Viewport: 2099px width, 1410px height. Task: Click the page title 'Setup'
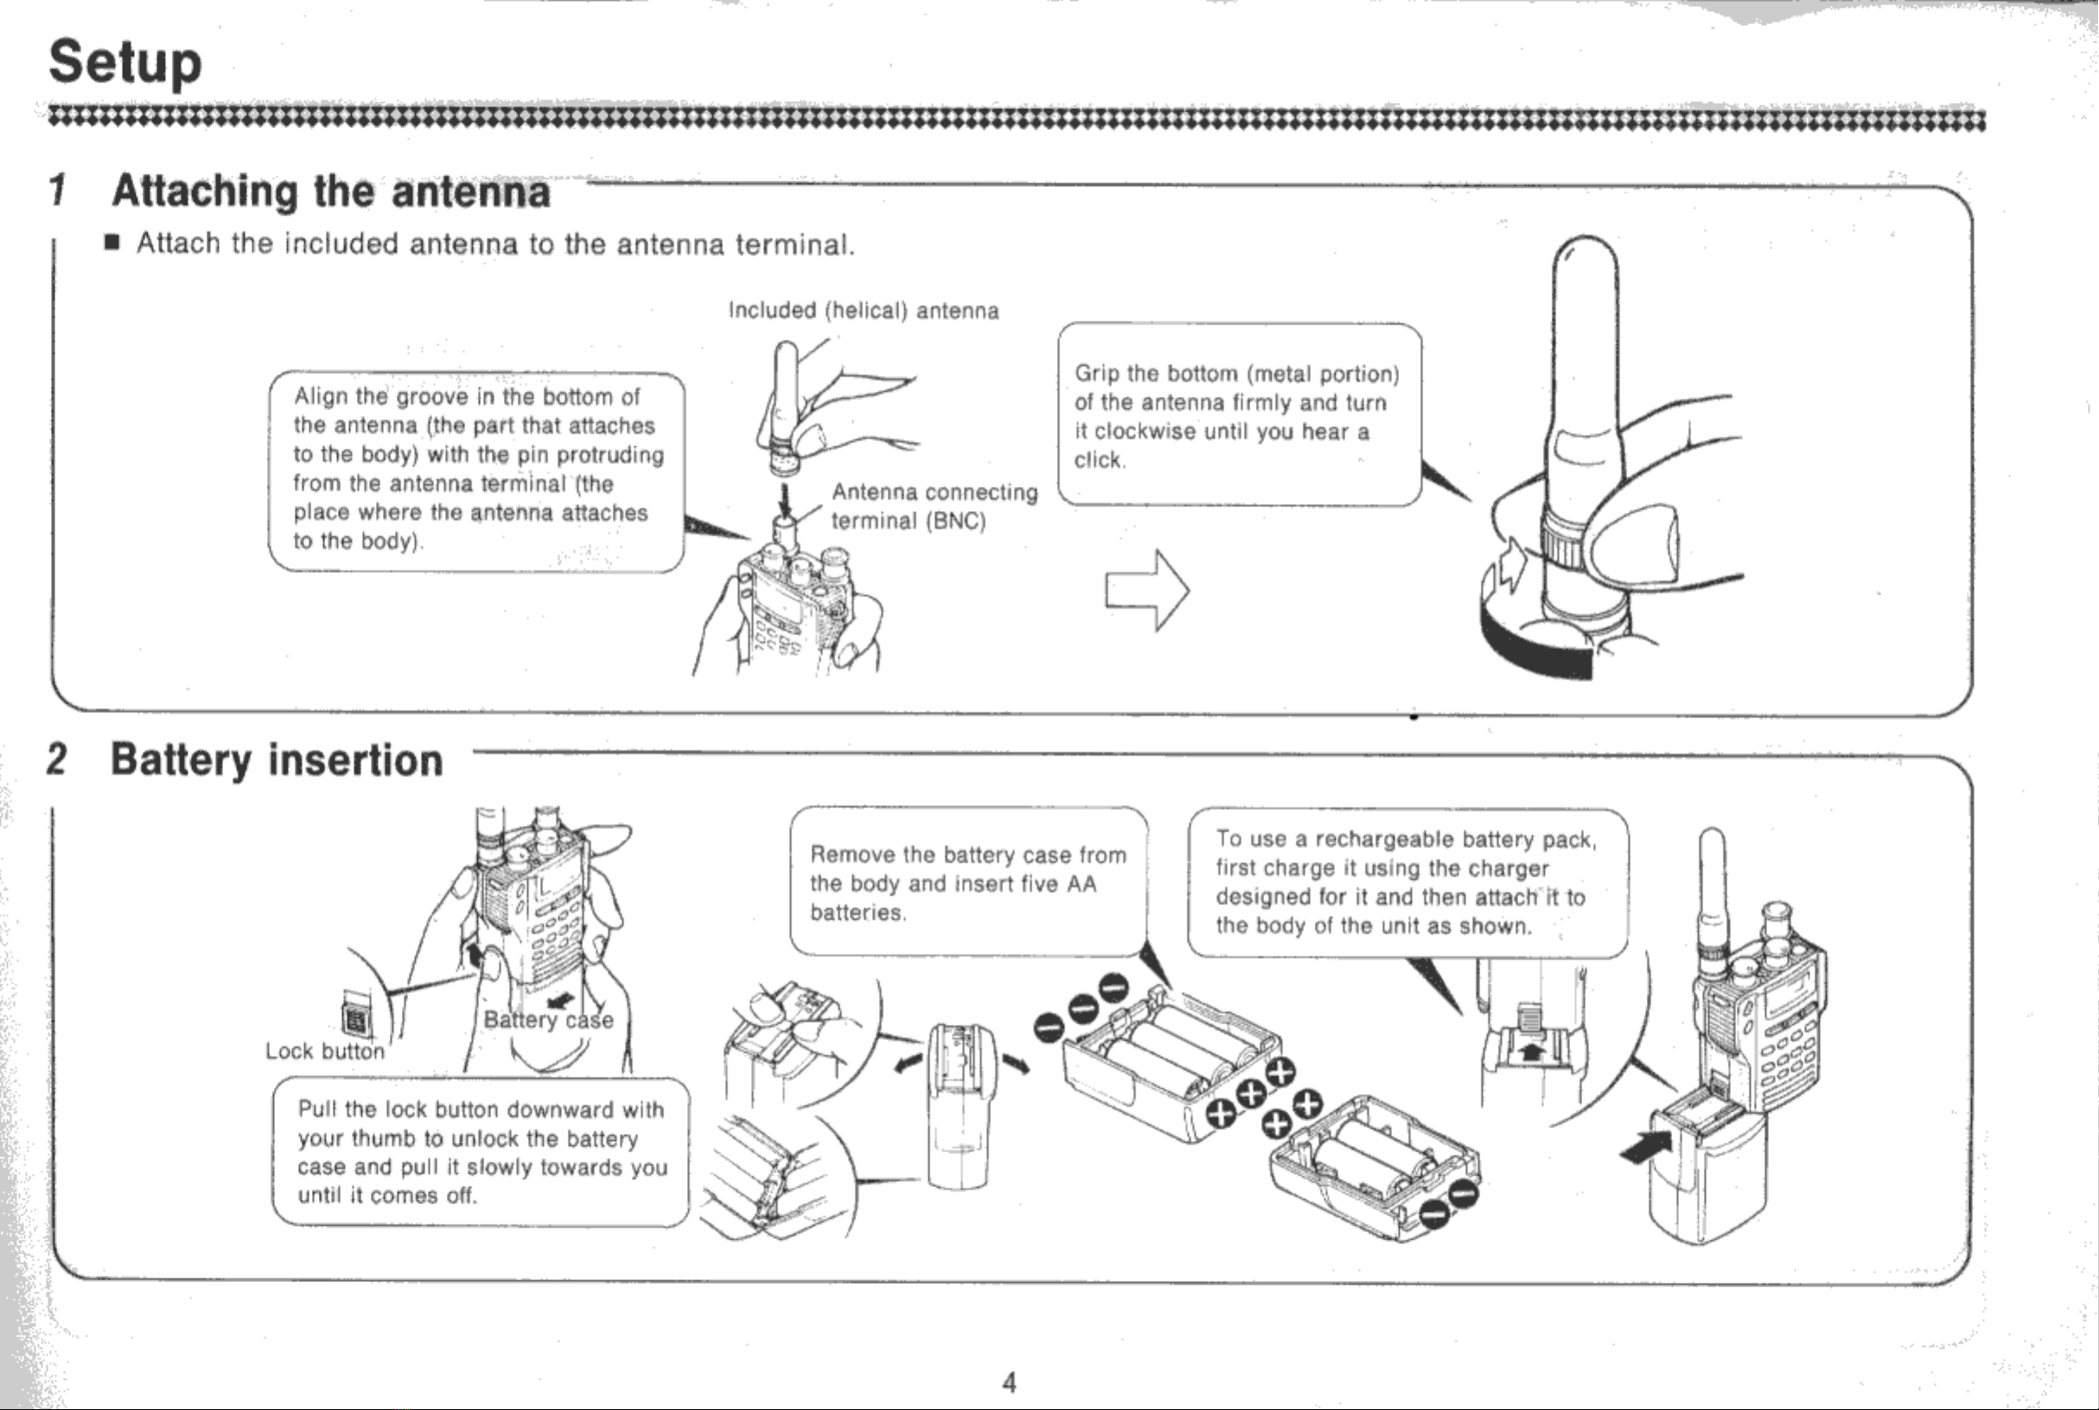point(125,63)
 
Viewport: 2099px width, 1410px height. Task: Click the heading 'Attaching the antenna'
point(331,192)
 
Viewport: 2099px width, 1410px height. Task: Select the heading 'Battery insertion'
point(277,760)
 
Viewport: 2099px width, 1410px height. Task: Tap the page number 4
point(1008,1382)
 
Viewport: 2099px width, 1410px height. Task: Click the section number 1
point(59,191)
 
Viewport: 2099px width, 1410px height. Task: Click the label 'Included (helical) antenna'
point(863,311)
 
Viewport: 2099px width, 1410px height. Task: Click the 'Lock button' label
point(325,1051)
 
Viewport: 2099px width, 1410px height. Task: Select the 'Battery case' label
point(549,1020)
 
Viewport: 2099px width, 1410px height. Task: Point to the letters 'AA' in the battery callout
point(1081,884)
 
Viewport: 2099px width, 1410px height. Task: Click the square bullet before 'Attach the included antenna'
point(111,243)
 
